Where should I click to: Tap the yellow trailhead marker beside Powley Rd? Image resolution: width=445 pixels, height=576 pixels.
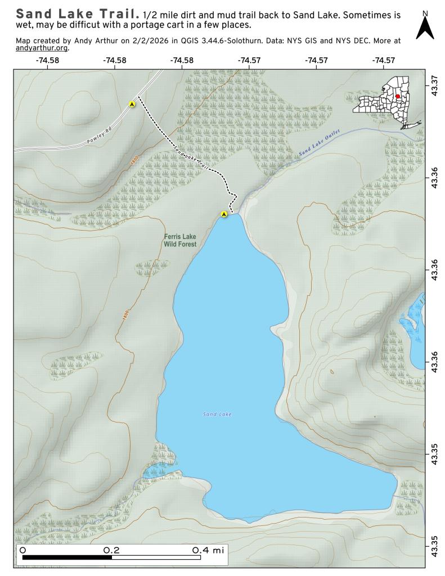coord(132,104)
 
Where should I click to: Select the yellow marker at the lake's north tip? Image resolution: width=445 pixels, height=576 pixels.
coord(224,214)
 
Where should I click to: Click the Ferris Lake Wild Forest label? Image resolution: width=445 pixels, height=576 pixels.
coord(180,241)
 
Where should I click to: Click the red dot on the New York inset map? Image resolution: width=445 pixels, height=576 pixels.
coord(397,96)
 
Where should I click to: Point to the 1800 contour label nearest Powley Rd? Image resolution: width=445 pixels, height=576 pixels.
coord(133,161)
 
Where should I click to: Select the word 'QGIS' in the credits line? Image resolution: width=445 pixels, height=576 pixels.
coord(192,40)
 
